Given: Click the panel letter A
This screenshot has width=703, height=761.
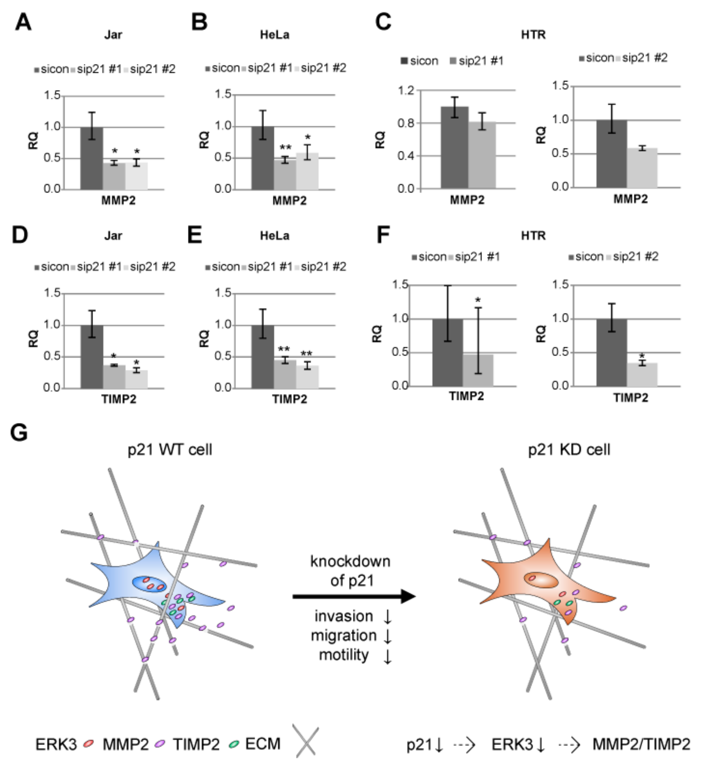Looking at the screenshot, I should [x=23, y=22].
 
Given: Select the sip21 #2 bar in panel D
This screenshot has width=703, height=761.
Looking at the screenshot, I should [x=137, y=379].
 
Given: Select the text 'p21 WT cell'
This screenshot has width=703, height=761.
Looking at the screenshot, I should [x=170, y=449].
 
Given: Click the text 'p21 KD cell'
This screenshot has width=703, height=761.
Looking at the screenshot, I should [x=569, y=449].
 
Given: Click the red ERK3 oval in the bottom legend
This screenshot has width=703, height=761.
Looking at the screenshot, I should [x=89, y=744].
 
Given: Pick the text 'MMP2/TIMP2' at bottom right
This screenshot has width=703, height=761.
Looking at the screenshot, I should [x=641, y=744].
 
